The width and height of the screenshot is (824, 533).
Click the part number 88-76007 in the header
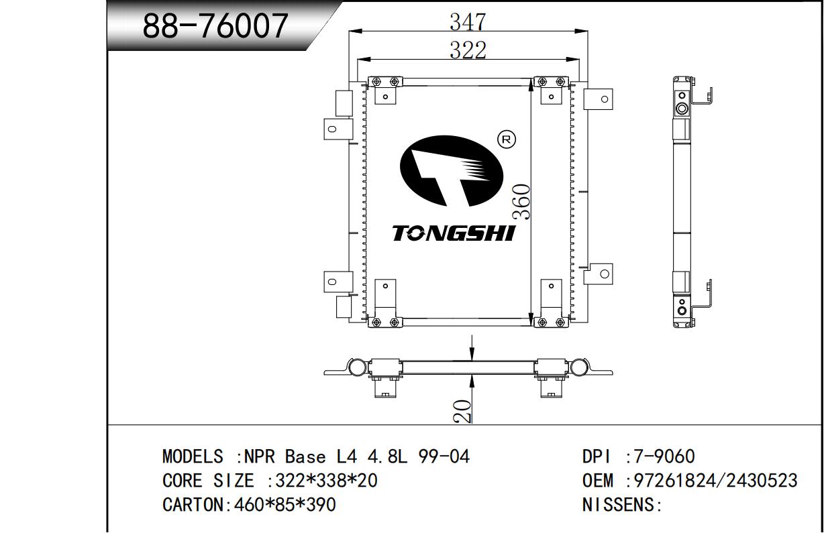click(x=215, y=25)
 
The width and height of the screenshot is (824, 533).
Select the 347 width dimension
click(x=468, y=21)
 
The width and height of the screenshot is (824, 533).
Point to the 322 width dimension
click(x=468, y=50)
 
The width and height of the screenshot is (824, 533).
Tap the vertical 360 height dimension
click(x=522, y=202)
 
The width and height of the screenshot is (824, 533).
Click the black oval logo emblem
click(x=452, y=170)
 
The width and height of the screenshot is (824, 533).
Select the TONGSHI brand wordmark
click(x=453, y=233)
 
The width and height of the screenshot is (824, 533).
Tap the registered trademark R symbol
click(x=507, y=139)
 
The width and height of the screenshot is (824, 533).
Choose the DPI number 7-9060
click(x=664, y=457)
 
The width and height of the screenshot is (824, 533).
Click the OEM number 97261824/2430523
click(x=715, y=481)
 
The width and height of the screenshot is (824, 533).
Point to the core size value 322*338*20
click(x=326, y=481)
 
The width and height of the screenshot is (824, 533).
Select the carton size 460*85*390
click(x=285, y=505)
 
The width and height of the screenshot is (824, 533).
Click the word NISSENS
click(x=618, y=505)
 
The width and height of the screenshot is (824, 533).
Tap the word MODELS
click(x=193, y=457)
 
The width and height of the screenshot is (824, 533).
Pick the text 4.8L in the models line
click(x=387, y=457)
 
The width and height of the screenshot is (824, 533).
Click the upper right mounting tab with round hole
click(x=598, y=99)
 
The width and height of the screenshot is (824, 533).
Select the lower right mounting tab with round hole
click(x=598, y=274)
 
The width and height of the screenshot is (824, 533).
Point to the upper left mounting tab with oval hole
click(x=338, y=129)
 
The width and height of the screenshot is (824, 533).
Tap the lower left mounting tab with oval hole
click(x=338, y=282)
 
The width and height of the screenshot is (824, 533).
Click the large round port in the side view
click(x=682, y=109)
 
